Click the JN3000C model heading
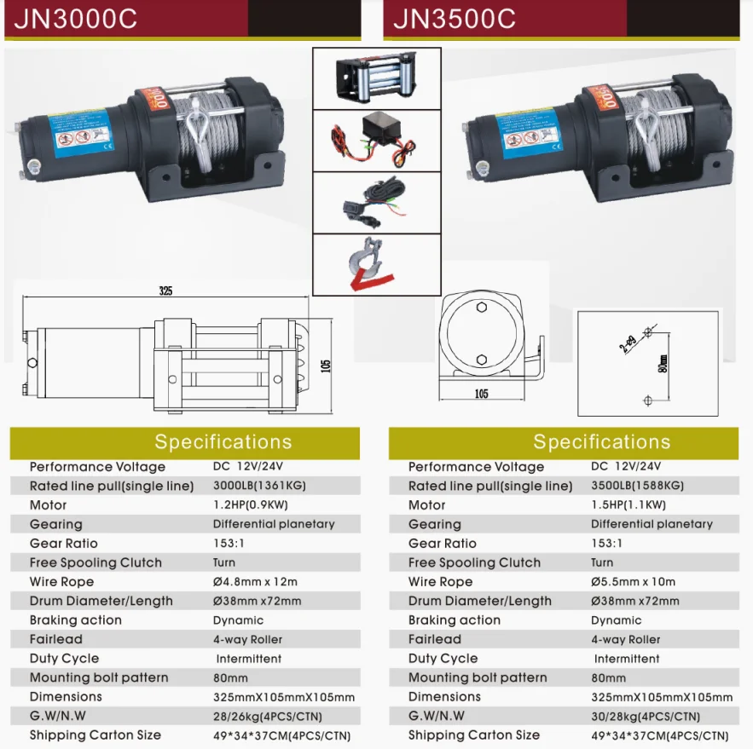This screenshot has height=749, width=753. point(75,19)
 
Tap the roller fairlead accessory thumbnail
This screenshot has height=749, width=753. point(376,78)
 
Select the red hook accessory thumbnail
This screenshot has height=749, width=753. point(376,263)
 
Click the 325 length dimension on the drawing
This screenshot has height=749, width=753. point(165,291)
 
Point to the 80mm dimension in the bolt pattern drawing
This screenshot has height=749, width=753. point(663,364)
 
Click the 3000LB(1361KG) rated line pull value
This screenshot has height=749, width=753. point(259,486)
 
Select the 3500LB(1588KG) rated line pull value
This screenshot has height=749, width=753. point(638,486)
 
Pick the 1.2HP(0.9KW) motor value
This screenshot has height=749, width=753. point(246,504)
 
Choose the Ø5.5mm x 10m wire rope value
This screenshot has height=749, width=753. point(633,582)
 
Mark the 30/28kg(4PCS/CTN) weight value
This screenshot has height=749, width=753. point(646,717)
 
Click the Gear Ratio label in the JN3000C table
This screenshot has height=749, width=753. point(64,544)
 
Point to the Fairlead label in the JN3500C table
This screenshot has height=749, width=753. point(435,639)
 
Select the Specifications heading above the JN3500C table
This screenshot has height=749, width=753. point(601,442)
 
